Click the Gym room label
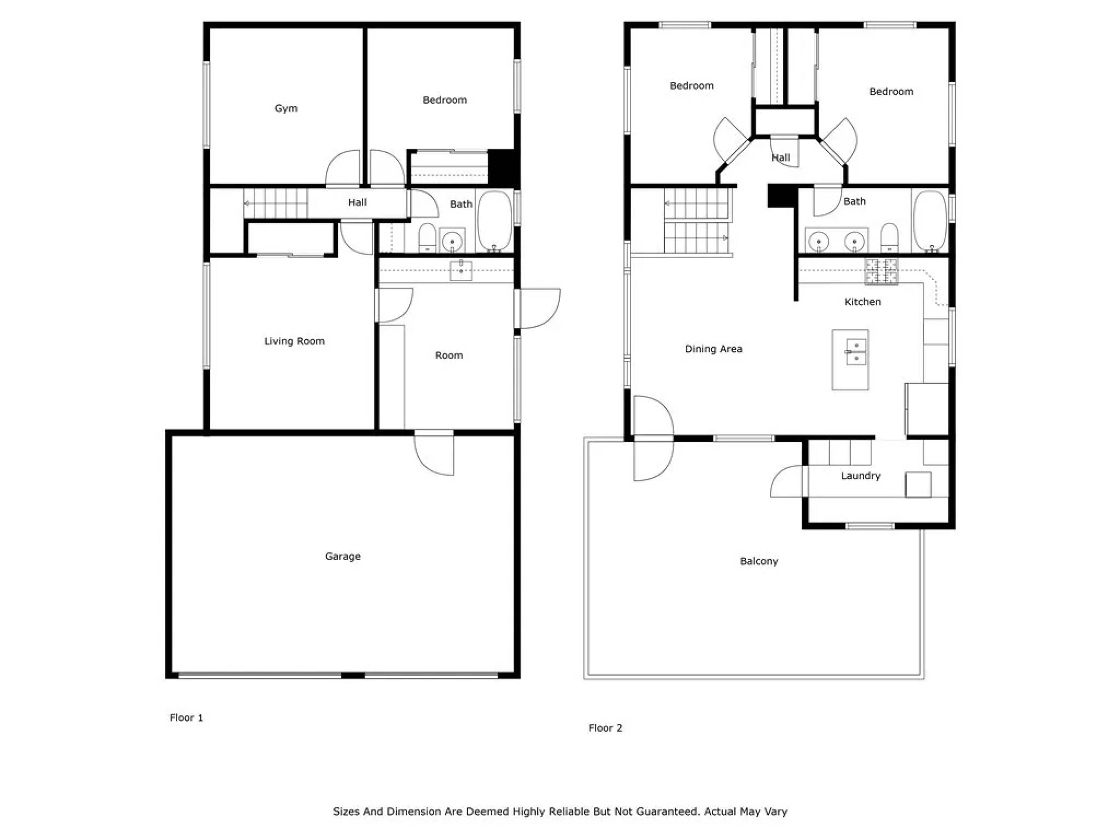coord(286,108)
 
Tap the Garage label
coord(343,556)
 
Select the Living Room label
coord(294,341)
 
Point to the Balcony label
coord(759,562)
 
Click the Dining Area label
coord(713,349)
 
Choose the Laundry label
coord(861,476)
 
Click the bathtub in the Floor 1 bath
coord(495,221)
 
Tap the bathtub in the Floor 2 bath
coord(930,221)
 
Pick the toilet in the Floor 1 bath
coord(428,237)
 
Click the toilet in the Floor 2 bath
coord(889,237)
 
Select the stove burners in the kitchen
coord(881,271)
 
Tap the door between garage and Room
coord(434,453)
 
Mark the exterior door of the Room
coord(537,308)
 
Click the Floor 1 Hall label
coord(357,202)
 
